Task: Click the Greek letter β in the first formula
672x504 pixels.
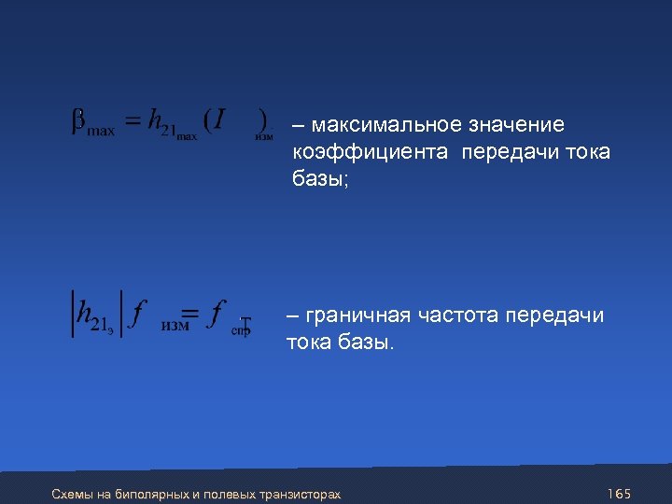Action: click(78, 123)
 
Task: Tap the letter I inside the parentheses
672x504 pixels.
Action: click(217, 120)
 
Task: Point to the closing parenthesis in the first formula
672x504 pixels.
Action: click(263, 121)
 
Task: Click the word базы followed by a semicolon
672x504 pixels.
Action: click(319, 178)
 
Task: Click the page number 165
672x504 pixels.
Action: click(619, 492)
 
